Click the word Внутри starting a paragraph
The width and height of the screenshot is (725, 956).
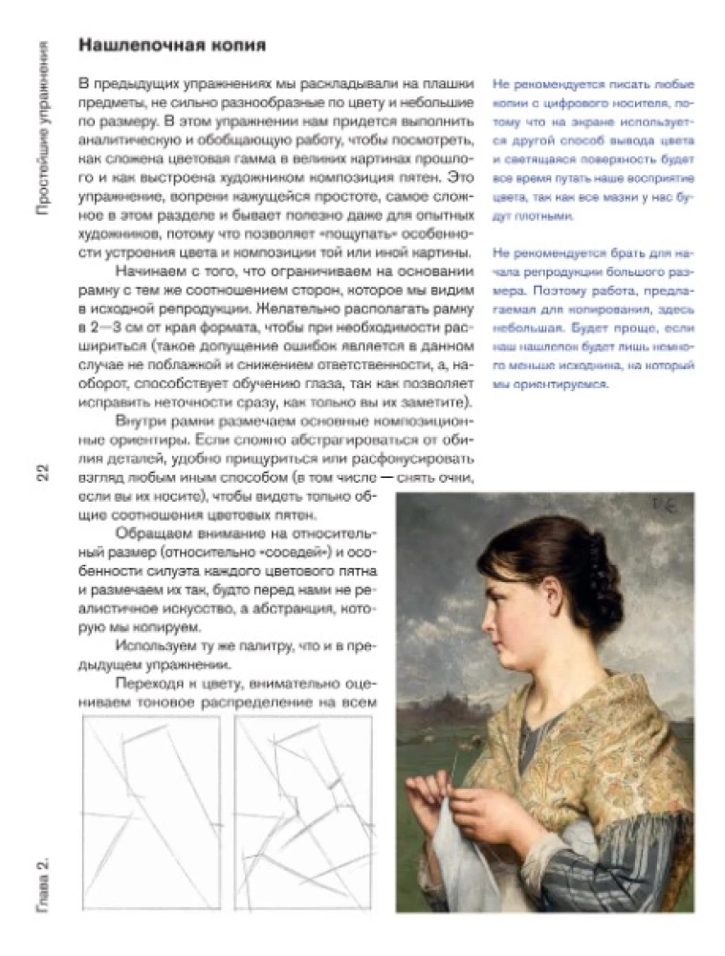(140, 421)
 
